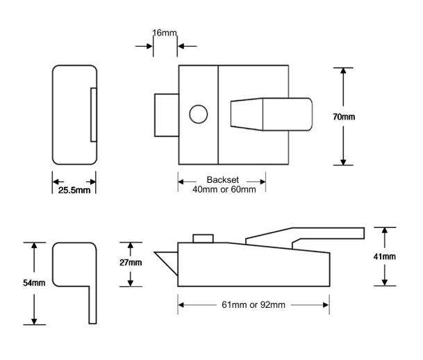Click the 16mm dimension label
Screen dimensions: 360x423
pyautogui.click(x=165, y=32)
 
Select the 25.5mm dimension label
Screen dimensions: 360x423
pyautogui.click(x=73, y=190)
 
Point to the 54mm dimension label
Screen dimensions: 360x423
pyautogui.click(x=33, y=284)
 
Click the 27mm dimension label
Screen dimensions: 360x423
pyautogui.click(x=130, y=263)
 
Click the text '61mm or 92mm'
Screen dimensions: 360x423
pyautogui.click(x=253, y=304)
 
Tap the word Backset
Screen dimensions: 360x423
pyautogui.click(x=222, y=179)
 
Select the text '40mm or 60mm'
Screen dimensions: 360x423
pyautogui.click(x=222, y=189)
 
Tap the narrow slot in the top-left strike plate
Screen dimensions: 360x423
pyautogui.click(x=93, y=115)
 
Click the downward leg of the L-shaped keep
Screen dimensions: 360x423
pyautogui.click(x=92, y=306)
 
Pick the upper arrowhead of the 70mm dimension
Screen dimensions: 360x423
pyautogui.click(x=344, y=71)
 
